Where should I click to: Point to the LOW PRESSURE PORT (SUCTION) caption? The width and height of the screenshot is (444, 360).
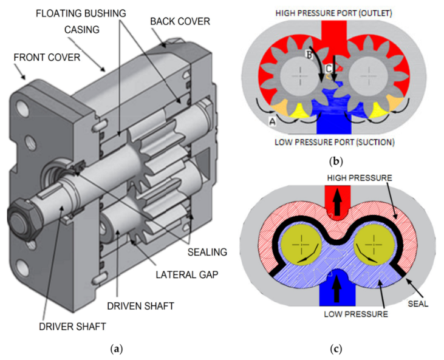[x=334, y=143]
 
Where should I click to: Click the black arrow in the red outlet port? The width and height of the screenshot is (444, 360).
[x=333, y=203]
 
